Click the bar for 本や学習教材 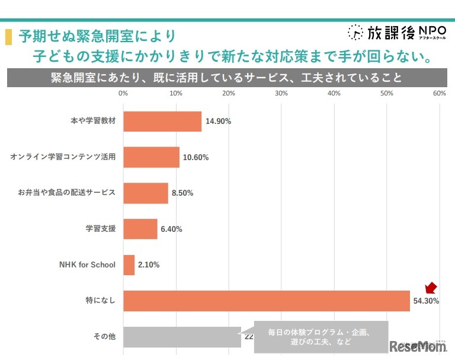tap(162, 122)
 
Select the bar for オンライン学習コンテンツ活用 tap(151, 157)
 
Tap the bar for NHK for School tap(129, 265)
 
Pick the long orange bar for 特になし tap(266, 301)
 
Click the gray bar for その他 tap(182, 337)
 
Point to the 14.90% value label tap(218, 122)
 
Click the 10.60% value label tap(196, 158)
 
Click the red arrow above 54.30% tap(431, 288)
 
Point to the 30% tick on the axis tap(281, 93)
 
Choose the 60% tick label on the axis tap(439, 93)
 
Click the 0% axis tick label tap(123, 93)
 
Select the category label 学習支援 tap(100, 229)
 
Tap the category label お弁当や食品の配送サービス tap(66, 193)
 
